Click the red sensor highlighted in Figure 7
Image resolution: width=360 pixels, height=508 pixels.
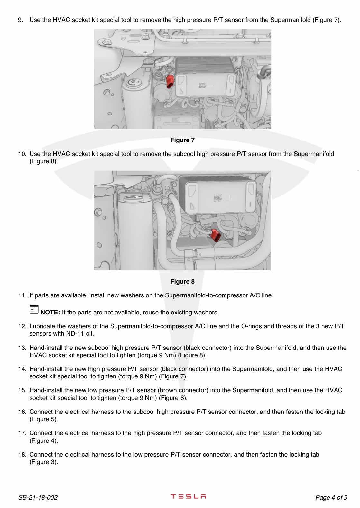click(170, 81)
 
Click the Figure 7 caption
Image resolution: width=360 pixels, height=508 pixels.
click(182, 140)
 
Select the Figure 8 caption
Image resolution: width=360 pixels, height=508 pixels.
click(182, 282)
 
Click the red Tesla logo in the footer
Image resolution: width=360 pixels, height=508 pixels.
click(188, 496)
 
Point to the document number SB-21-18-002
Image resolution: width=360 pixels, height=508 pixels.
click(38, 498)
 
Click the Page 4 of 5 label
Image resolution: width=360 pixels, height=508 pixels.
click(331, 498)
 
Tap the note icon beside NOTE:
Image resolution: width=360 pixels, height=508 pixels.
click(33, 310)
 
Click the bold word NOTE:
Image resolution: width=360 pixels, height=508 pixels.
click(50, 312)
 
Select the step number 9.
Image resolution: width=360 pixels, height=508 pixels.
click(21, 20)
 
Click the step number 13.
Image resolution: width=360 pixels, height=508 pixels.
click(22, 348)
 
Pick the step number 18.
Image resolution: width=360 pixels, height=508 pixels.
click(22, 455)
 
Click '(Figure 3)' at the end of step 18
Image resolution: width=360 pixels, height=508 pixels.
click(44, 462)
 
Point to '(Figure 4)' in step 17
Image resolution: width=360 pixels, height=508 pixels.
click(44, 441)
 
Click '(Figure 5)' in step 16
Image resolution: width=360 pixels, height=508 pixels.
click(44, 419)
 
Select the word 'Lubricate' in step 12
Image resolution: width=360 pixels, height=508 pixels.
click(42, 326)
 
